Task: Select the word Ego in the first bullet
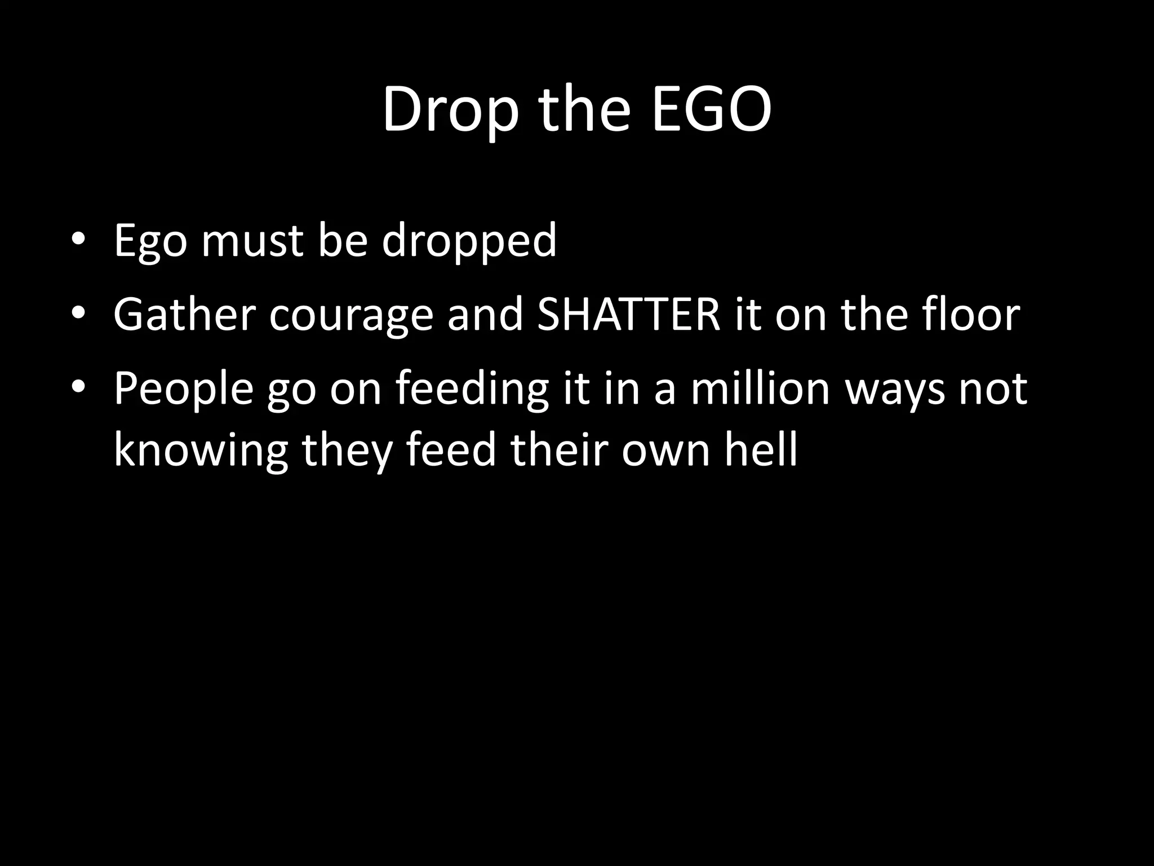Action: [150, 241]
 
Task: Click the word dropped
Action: [469, 241]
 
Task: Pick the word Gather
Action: [184, 315]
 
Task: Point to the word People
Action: [184, 389]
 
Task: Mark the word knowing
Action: [201, 451]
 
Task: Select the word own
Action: [666, 451]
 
